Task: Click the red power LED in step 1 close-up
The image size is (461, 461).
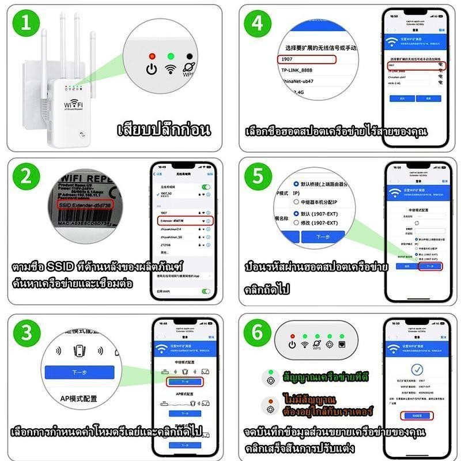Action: pyautogui.click(x=152, y=56)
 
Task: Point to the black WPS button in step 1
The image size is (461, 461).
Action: pyautogui.click(x=189, y=56)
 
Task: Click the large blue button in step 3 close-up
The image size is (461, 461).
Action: pyautogui.click(x=79, y=372)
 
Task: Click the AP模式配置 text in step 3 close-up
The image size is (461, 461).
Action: pyautogui.click(x=79, y=398)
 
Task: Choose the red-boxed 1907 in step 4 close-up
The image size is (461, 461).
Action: pyautogui.click(x=305, y=59)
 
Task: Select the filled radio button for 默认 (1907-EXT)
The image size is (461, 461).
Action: pyautogui.click(x=296, y=213)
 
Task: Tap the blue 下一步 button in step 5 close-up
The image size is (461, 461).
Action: pyautogui.click(x=323, y=237)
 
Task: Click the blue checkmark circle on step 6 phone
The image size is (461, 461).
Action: pyautogui.click(x=416, y=369)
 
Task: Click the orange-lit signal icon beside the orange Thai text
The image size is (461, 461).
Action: pyautogui.click(x=269, y=407)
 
